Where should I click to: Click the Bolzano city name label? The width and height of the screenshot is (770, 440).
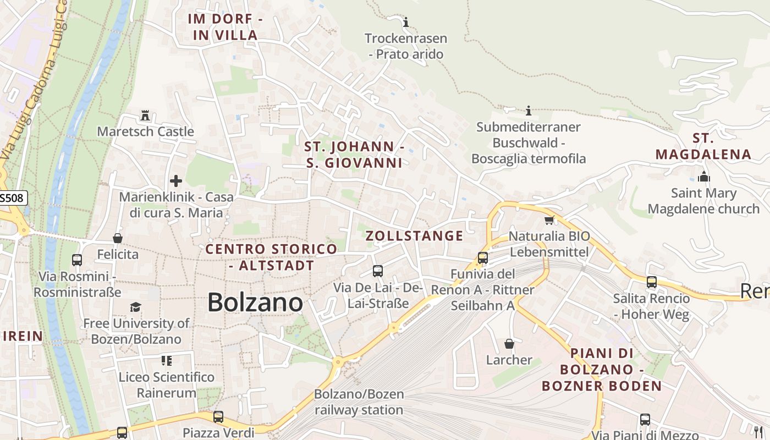(255, 302)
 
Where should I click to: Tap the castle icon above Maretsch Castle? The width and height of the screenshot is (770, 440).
(145, 116)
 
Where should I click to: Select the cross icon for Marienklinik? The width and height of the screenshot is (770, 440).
(176, 180)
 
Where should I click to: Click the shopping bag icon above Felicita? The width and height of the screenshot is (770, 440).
(118, 238)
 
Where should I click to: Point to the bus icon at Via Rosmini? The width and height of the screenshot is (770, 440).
(77, 260)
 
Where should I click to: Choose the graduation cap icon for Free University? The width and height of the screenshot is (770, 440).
(135, 307)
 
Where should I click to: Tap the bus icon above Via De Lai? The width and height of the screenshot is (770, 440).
(377, 271)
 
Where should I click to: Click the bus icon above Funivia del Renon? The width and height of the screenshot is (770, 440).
(483, 257)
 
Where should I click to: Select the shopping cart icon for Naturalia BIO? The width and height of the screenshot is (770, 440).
(548, 221)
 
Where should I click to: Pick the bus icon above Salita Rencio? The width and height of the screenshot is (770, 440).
(652, 282)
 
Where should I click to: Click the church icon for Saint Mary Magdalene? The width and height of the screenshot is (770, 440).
(703, 177)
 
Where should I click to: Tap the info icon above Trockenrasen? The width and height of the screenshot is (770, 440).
(406, 22)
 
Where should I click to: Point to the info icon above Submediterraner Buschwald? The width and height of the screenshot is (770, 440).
(529, 111)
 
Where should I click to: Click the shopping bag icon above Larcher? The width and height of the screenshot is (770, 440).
(509, 344)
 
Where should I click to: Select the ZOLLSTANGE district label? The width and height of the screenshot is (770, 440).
(415, 236)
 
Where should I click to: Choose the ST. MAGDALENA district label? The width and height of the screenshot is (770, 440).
(703, 146)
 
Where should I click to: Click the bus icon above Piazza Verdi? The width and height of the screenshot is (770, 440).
(218, 416)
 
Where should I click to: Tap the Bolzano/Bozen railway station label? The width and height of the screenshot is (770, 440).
(359, 402)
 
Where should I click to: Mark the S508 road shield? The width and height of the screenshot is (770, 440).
(12, 198)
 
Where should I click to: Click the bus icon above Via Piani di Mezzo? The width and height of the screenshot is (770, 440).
(645, 420)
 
